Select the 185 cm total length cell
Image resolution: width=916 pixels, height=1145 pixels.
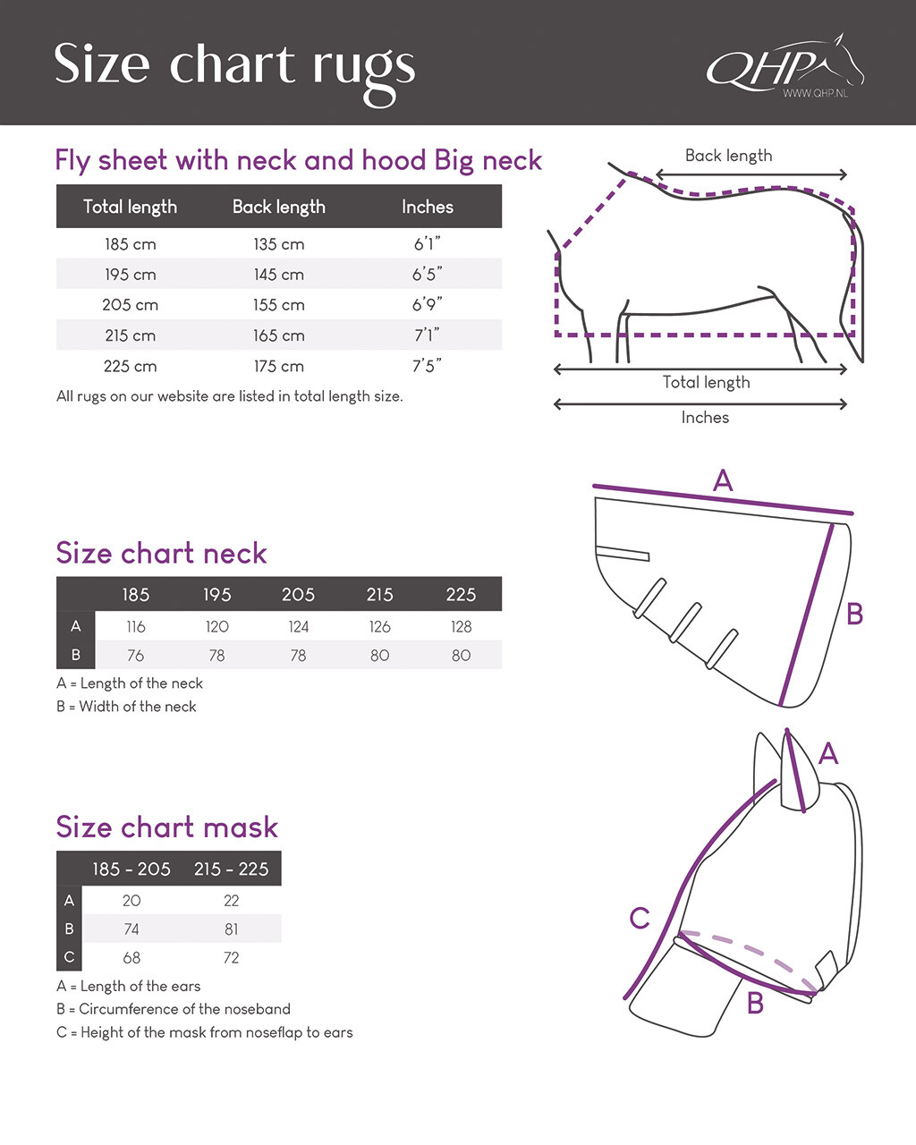point(130,244)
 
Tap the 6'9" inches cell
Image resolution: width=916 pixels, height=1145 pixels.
point(427,305)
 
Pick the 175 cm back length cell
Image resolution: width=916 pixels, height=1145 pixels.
point(278,366)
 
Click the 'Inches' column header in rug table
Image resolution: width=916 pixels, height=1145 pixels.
point(427,207)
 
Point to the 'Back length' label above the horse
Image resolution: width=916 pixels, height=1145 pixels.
point(728,156)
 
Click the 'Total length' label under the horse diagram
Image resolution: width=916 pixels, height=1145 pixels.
point(706,383)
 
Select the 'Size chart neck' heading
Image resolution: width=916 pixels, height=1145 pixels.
point(161,553)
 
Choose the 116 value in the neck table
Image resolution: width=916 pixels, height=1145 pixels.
point(135,627)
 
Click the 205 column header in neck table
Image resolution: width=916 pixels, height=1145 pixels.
point(298,595)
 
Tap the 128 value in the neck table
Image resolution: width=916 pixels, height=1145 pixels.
point(461,627)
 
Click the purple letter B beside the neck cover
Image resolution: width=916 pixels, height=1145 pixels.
point(854,615)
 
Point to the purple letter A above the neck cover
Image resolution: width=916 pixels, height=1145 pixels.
point(723,480)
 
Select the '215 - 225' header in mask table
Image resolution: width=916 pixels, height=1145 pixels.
point(231,869)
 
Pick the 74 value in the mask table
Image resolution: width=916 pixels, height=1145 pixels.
point(131,929)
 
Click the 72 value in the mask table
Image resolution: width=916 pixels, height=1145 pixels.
point(231,958)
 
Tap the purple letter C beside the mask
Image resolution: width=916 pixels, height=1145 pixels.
point(639,919)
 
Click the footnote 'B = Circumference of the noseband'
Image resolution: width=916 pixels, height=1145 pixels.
point(174,1009)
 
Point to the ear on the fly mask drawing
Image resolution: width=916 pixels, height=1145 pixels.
point(794,774)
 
